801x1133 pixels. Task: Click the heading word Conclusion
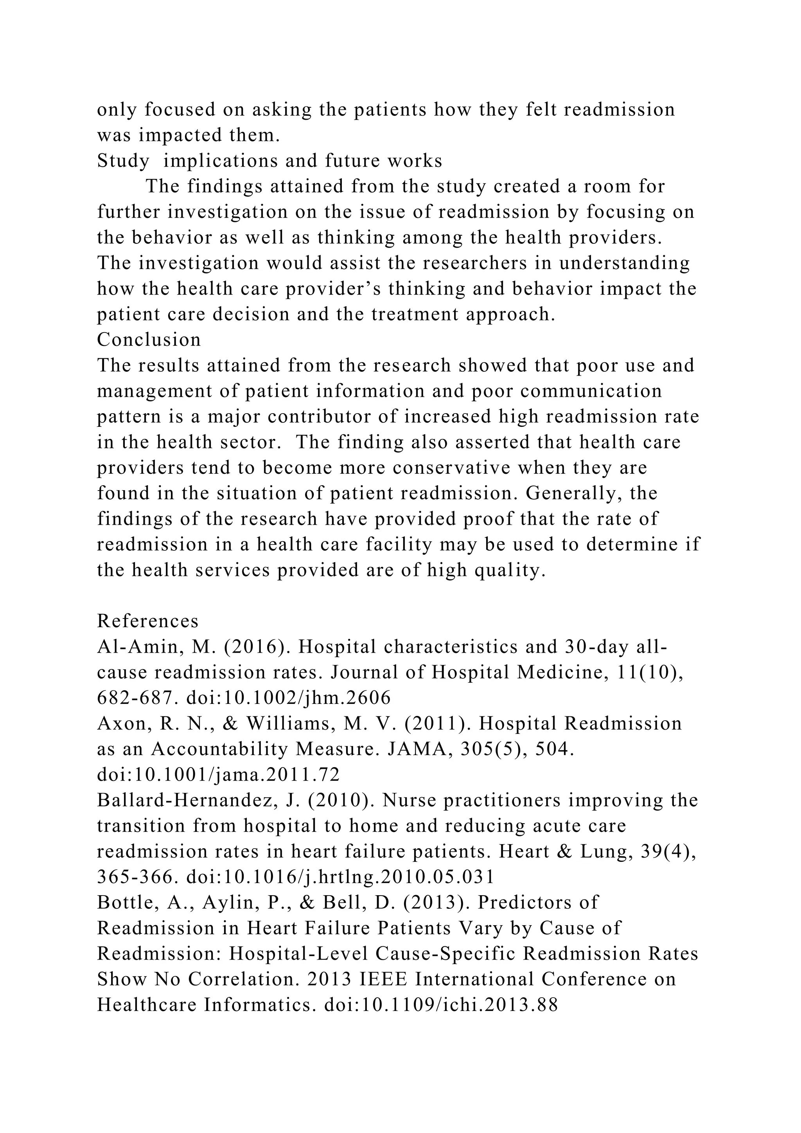(149, 340)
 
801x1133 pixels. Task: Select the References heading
(148, 621)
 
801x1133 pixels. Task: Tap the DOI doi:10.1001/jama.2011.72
(219, 775)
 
